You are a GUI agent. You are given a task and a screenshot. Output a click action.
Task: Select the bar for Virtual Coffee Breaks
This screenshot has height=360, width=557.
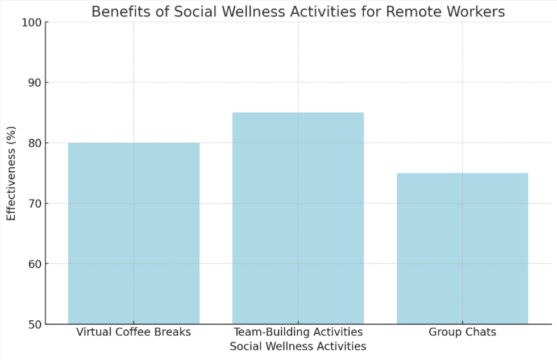tap(134, 233)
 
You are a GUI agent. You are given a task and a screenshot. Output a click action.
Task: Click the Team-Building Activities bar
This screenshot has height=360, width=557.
tap(298, 218)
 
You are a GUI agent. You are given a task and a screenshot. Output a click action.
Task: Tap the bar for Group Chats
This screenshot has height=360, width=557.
tap(462, 249)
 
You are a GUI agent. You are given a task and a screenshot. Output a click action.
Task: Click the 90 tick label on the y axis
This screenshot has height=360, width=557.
tap(34, 82)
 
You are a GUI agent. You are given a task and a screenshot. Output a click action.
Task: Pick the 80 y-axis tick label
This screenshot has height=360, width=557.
tap(34, 143)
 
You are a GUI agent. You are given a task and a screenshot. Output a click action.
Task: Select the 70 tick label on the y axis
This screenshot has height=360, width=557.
tap(34, 204)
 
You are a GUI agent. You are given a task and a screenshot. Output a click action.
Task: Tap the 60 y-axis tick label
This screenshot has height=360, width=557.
tap(34, 264)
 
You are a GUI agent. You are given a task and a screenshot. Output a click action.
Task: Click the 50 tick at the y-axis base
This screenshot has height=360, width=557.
tap(34, 324)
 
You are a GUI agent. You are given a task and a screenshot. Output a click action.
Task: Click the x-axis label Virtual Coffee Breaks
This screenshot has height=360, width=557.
tap(134, 332)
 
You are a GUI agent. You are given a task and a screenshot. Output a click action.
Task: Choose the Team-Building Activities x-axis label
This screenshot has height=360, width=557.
tap(298, 332)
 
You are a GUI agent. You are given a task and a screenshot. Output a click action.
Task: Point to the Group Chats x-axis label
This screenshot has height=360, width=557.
tap(462, 332)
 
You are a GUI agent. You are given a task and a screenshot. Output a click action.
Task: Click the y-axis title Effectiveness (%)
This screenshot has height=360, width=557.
tap(11, 173)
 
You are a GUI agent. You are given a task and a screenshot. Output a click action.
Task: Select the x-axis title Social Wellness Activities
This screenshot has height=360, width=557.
tap(298, 346)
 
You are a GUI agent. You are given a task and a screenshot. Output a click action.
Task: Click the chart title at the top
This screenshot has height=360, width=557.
tap(298, 11)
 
